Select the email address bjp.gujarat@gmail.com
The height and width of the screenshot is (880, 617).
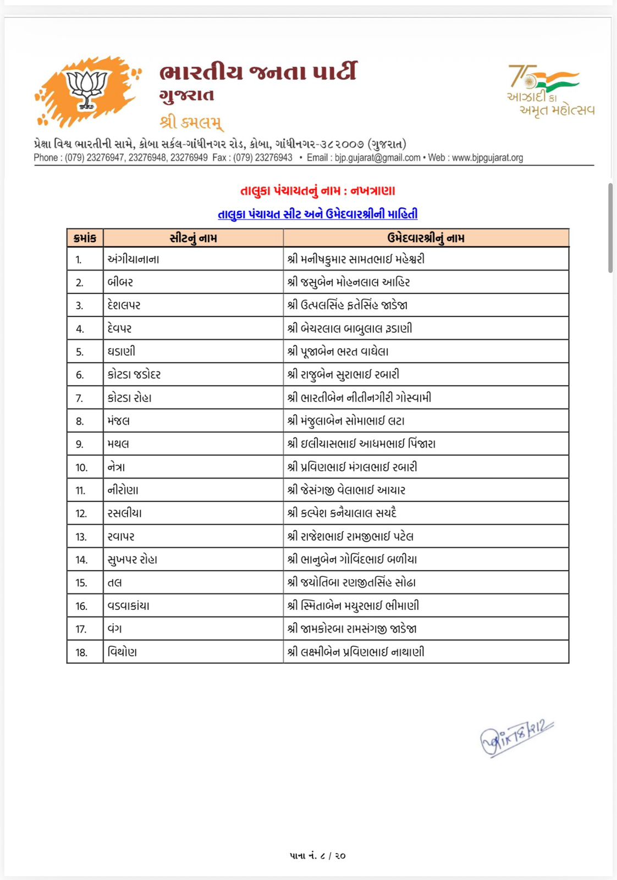pyautogui.click(x=377, y=158)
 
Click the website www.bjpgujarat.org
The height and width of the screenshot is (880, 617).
pyautogui.click(x=487, y=158)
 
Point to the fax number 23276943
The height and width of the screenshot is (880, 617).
pyautogui.click(x=273, y=158)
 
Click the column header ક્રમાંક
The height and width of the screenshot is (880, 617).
pyautogui.click(x=85, y=238)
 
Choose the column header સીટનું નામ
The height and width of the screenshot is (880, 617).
pyautogui.click(x=193, y=238)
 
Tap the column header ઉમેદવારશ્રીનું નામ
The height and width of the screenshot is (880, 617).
pyautogui.click(x=426, y=238)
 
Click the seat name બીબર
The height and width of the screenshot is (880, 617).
pyautogui.click(x=120, y=282)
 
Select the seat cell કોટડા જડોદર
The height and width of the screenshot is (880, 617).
pyautogui.click(x=134, y=375)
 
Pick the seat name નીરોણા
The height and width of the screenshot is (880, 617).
pyautogui.click(x=123, y=490)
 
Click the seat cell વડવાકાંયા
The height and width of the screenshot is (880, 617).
pyautogui.click(x=129, y=606)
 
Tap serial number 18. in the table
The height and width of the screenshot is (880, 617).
pyautogui.click(x=81, y=652)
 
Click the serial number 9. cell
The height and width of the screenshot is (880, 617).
pyautogui.click(x=80, y=444)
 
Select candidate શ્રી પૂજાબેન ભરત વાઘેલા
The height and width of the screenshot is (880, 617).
pyautogui.click(x=338, y=351)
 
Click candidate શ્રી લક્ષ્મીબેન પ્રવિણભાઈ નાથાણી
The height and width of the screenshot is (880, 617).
pyautogui.click(x=356, y=652)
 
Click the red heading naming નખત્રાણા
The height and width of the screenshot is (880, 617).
pyautogui.click(x=318, y=191)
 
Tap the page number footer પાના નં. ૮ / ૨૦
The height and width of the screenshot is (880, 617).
pyautogui.click(x=318, y=856)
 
